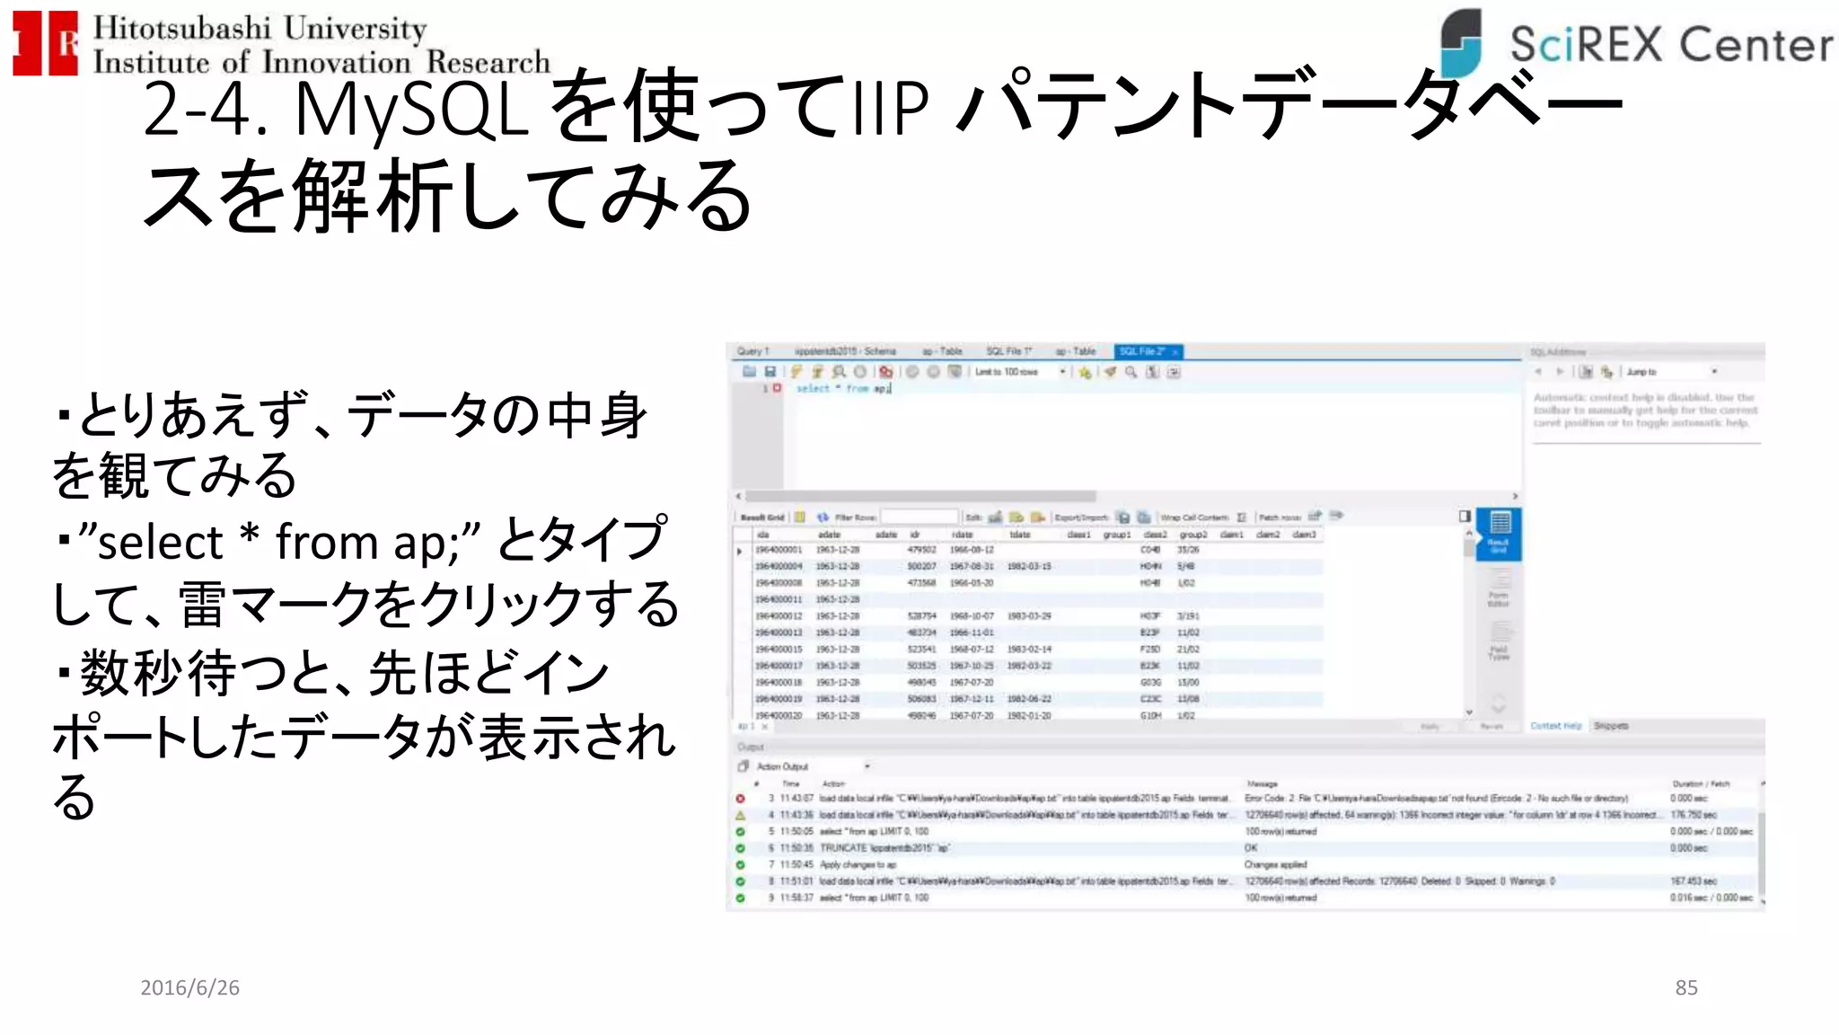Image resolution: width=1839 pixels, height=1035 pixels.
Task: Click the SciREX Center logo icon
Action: [x=1461, y=42]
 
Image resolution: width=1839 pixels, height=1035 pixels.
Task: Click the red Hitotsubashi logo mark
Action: [x=45, y=42]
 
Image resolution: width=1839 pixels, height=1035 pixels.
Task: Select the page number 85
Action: [x=1685, y=987]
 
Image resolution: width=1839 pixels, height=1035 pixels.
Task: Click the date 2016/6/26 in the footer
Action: [x=189, y=987]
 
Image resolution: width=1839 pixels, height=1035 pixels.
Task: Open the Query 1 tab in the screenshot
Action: [x=752, y=351]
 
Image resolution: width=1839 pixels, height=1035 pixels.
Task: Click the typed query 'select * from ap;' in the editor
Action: [x=842, y=388]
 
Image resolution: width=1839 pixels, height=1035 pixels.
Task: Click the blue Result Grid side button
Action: [x=1499, y=533]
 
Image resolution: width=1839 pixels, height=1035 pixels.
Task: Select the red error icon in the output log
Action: [x=741, y=799]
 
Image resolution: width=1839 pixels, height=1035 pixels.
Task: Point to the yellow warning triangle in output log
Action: [x=741, y=815]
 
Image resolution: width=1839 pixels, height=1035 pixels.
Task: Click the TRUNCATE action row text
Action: [x=884, y=848]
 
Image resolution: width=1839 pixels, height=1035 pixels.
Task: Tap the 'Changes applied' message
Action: [x=1275, y=864]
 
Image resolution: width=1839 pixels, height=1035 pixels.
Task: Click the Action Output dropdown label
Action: [x=783, y=766]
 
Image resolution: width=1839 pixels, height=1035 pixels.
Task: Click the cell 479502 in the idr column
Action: [x=922, y=550]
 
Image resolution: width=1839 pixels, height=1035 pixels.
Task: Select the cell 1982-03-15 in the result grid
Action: [x=1029, y=566]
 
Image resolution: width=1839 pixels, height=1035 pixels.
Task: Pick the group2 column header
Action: [x=1192, y=535]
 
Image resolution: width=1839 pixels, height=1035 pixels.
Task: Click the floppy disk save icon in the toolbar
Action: [x=770, y=372]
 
